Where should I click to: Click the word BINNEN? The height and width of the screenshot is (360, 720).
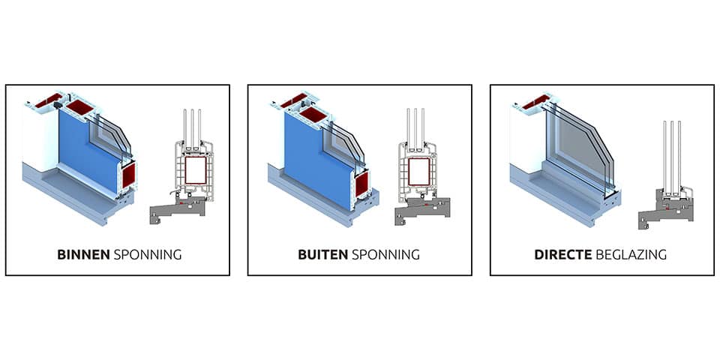point(83,254)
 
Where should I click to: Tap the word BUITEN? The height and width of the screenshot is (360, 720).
point(323,254)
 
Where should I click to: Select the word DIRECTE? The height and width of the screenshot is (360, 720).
point(562,254)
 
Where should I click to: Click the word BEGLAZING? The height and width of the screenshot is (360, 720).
point(631,254)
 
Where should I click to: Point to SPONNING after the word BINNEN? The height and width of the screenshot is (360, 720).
point(147,254)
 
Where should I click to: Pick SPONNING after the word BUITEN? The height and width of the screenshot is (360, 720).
point(385,254)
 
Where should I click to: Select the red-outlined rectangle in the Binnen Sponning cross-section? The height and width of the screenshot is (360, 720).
point(195,170)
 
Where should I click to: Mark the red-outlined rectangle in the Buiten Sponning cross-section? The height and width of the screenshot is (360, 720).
point(420,170)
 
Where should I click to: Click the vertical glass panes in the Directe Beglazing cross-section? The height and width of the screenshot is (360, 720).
point(671,154)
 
